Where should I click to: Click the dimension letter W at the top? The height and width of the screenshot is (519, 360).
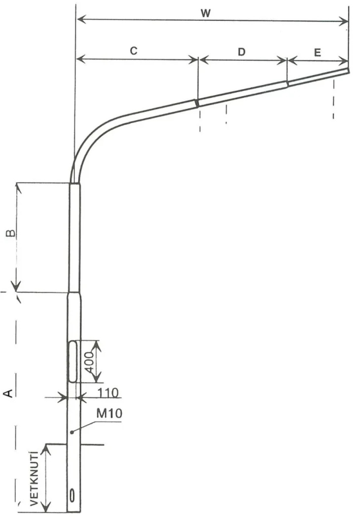tap(206, 13)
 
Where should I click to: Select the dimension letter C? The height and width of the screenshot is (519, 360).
tap(133, 51)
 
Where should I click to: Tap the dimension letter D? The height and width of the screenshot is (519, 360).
tap(242, 52)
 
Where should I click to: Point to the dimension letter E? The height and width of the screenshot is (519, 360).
tap(317, 53)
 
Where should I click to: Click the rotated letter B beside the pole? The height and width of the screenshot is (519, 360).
tap(11, 233)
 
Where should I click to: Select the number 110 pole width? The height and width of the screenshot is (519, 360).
tap(108, 393)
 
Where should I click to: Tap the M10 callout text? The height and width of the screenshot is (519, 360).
tap(110, 413)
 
